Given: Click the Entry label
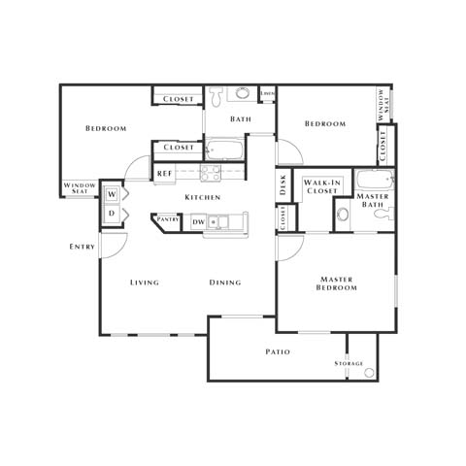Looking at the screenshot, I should [83, 247].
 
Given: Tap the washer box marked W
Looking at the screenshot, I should [112, 193].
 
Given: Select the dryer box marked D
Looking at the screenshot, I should [112, 213].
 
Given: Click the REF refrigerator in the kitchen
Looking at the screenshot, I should [164, 175].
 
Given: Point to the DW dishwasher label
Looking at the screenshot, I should [198, 222].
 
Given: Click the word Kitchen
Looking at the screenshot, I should [203, 197].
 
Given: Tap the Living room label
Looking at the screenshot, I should [145, 283].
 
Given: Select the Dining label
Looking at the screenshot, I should [225, 283].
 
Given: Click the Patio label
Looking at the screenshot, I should [279, 351].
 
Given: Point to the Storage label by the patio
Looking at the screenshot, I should [349, 362].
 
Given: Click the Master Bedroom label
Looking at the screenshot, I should [337, 283].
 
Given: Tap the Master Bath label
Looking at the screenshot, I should [373, 201].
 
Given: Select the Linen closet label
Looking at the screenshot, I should [267, 93].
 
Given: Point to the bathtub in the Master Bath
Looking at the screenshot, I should [373, 181].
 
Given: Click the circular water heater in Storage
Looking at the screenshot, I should [368, 373].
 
